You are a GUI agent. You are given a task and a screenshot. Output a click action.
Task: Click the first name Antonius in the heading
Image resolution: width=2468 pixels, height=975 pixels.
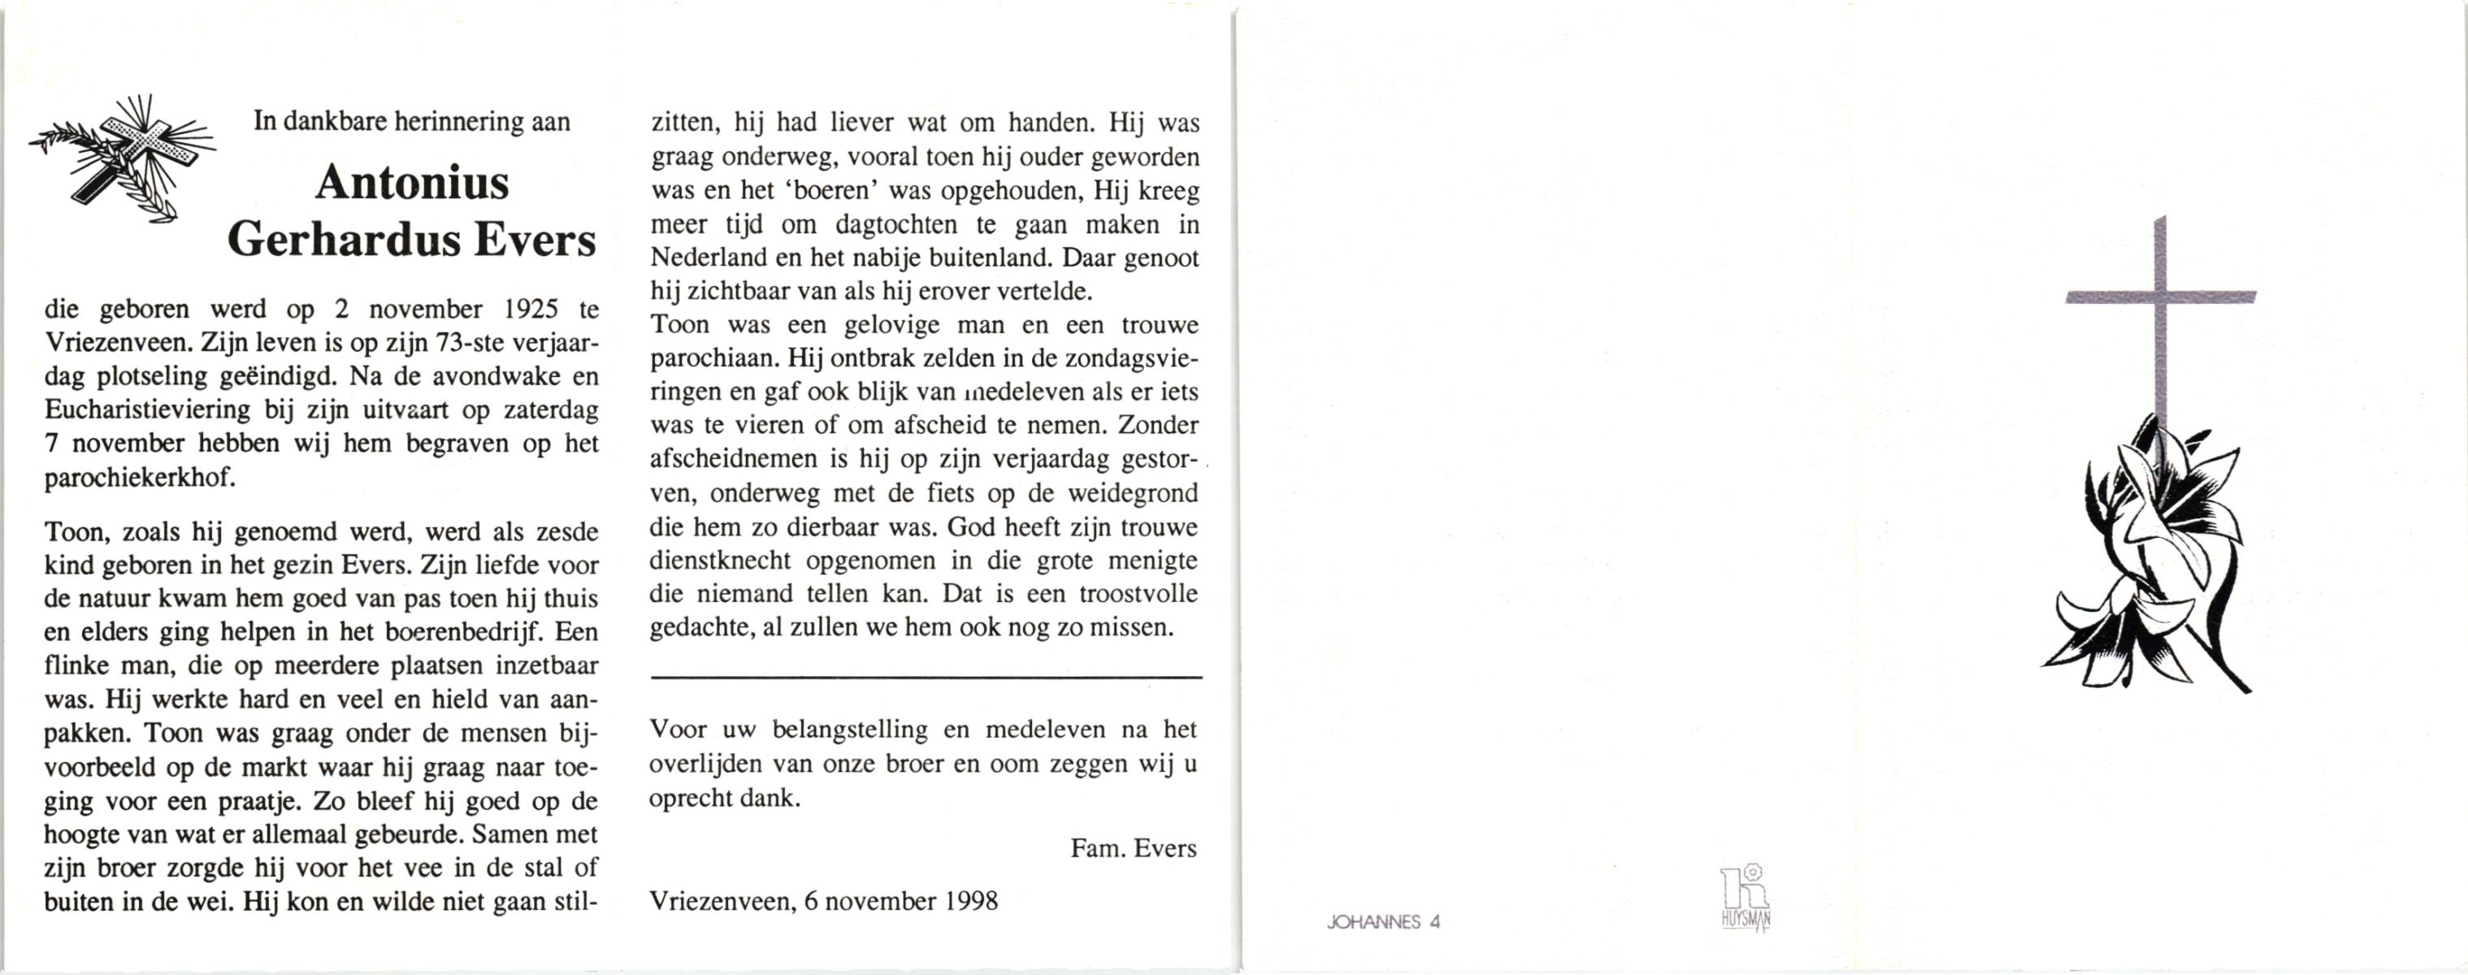(412, 182)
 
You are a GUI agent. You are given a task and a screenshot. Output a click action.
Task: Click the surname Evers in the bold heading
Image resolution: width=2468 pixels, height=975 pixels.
(535, 240)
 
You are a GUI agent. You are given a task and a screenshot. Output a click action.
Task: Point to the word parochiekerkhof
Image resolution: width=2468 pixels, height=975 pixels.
(140, 477)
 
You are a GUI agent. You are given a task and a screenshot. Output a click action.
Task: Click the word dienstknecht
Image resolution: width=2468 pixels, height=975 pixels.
(719, 561)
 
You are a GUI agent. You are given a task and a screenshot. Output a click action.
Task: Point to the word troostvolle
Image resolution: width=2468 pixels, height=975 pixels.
(1139, 594)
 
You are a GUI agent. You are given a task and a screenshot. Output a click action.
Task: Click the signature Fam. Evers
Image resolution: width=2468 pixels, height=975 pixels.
(1134, 848)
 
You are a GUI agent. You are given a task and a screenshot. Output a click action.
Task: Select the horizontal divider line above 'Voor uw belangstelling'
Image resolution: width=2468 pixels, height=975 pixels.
(926, 678)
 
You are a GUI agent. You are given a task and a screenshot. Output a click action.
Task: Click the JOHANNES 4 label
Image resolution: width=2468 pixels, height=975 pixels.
(1383, 922)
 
